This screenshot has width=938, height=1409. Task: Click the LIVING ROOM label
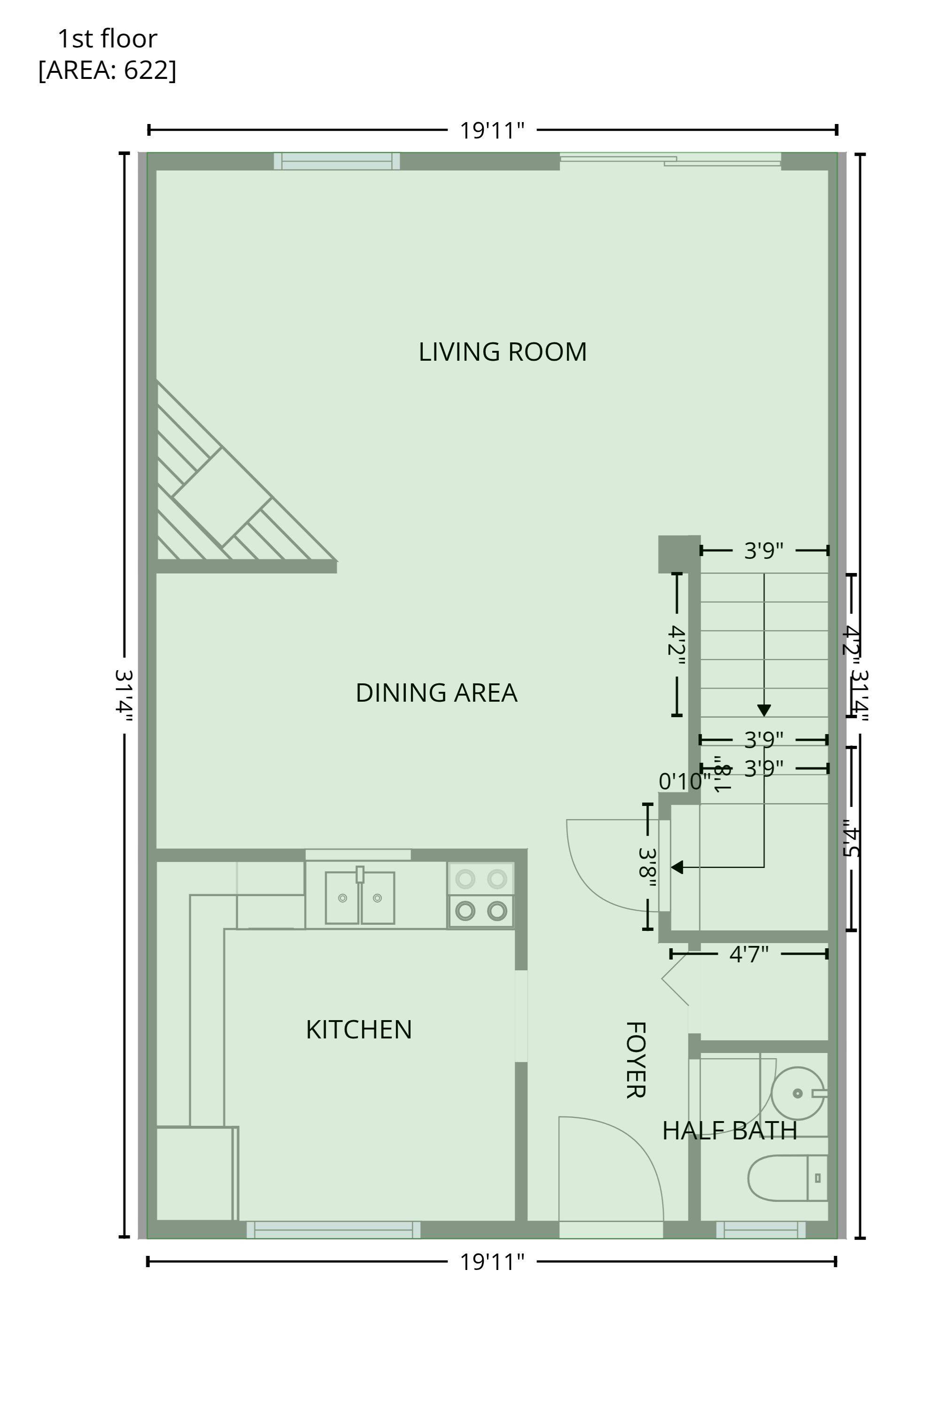pyautogui.click(x=503, y=352)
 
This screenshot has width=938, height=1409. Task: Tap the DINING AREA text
pyautogui.click(x=436, y=693)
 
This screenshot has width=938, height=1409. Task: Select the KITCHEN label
pyautogui.click(x=358, y=1030)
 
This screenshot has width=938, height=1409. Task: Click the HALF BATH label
pyautogui.click(x=729, y=1130)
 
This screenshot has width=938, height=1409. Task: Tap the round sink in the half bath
pyautogui.click(x=798, y=1093)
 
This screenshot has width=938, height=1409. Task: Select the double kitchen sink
pyautogui.click(x=359, y=897)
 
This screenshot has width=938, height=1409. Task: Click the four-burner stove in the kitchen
pyautogui.click(x=481, y=895)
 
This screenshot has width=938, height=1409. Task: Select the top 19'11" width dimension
pyautogui.click(x=492, y=130)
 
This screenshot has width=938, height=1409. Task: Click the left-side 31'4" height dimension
pyautogui.click(x=124, y=694)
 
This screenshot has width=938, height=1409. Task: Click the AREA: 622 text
pyautogui.click(x=108, y=70)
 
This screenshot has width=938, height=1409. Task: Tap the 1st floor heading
pyautogui.click(x=108, y=39)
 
